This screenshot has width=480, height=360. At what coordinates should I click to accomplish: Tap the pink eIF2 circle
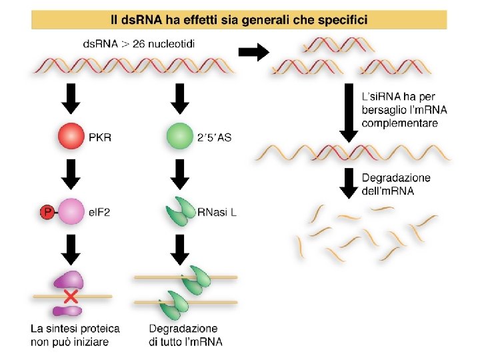coord(71,213)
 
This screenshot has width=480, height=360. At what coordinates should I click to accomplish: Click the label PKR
coord(100,137)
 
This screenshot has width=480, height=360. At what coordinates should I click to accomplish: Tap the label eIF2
coord(99,213)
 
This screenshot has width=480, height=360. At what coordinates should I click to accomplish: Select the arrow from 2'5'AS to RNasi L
coord(179,175)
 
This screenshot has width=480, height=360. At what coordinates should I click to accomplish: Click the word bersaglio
coord(385,110)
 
